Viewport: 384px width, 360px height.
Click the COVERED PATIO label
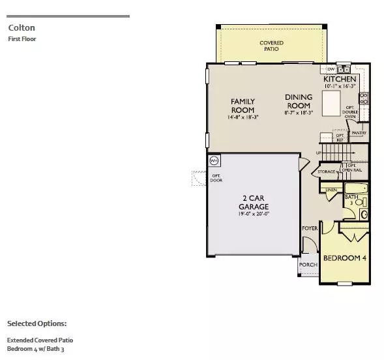tap(272, 46)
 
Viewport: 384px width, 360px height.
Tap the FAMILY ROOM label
tap(243, 106)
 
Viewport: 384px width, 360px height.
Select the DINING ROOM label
tap(299, 101)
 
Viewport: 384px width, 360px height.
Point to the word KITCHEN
tap(340, 79)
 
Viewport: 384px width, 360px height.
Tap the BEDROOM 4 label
tap(346, 258)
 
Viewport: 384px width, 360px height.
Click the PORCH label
tap(307, 265)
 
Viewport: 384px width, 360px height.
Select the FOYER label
tap(309, 228)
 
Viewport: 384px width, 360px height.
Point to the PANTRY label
tap(359, 133)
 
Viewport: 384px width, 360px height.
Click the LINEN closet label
tap(331, 190)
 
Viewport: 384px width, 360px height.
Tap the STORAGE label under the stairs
tap(327, 172)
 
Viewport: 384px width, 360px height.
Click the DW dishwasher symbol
tap(331, 68)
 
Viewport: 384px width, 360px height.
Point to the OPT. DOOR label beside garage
tap(216, 178)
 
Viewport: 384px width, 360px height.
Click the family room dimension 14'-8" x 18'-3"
tap(242, 117)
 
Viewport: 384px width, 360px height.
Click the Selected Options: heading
tap(37, 323)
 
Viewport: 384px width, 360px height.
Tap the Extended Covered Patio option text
tap(40, 340)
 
